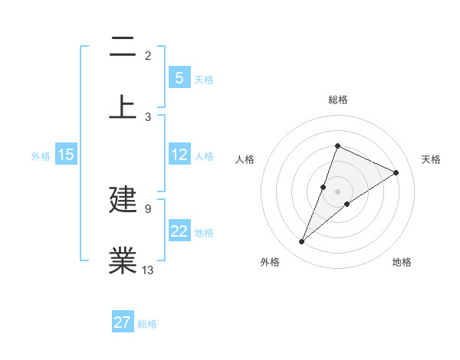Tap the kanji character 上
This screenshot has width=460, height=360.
(x=123, y=106)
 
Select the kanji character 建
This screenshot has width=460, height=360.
(x=123, y=200)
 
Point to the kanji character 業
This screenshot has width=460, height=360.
(x=123, y=260)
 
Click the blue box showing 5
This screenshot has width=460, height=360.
(x=179, y=77)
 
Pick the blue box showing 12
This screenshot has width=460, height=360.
(x=179, y=155)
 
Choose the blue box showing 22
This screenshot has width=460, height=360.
(x=179, y=231)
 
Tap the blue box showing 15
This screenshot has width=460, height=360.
(x=66, y=155)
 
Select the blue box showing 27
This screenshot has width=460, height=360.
(x=123, y=322)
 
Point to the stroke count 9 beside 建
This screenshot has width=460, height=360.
(x=147, y=208)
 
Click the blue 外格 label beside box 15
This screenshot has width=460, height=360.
(x=41, y=155)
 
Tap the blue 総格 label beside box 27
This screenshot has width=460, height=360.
(x=147, y=324)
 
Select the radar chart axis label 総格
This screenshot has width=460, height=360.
(x=337, y=100)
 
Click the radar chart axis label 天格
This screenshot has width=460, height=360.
(x=431, y=159)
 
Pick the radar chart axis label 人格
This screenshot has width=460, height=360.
(x=245, y=159)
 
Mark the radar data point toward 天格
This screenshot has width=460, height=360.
(x=396, y=172)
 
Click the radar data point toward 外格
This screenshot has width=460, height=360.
(x=301, y=242)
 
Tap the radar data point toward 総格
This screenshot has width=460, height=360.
(x=337, y=146)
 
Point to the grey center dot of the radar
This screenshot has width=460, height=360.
(x=337, y=191)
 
